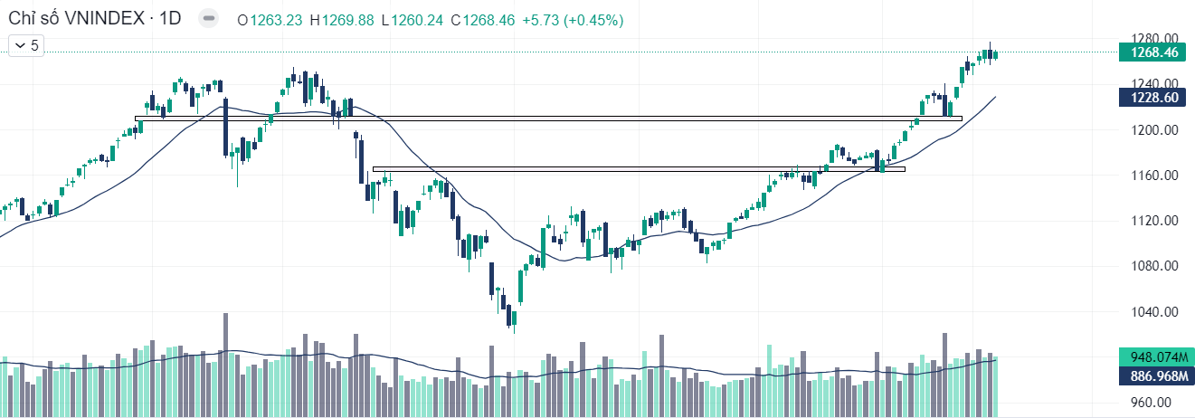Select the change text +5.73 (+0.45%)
[573, 19]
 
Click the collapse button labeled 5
[26, 44]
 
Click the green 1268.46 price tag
[1153, 52]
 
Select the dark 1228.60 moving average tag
[1153, 98]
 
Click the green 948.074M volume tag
[1153, 356]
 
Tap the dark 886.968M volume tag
[1153, 374]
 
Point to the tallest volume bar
[225, 362]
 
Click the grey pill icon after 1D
[209, 19]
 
